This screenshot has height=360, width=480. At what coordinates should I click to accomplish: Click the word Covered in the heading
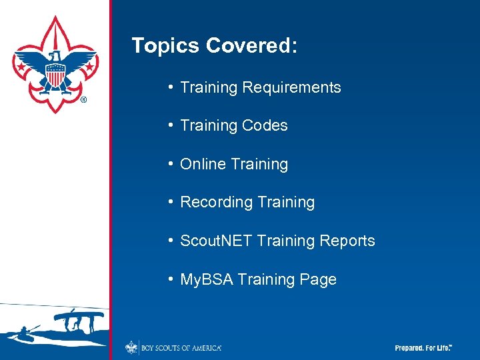[251, 46]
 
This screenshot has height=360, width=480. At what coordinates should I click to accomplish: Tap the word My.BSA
[207, 279]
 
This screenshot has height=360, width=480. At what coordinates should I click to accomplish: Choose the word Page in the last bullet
[318, 280]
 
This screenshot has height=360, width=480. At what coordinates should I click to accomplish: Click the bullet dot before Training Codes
[171, 125]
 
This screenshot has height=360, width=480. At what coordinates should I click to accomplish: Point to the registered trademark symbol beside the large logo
[83, 100]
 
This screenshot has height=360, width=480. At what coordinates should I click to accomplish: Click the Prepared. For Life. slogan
[423, 348]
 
